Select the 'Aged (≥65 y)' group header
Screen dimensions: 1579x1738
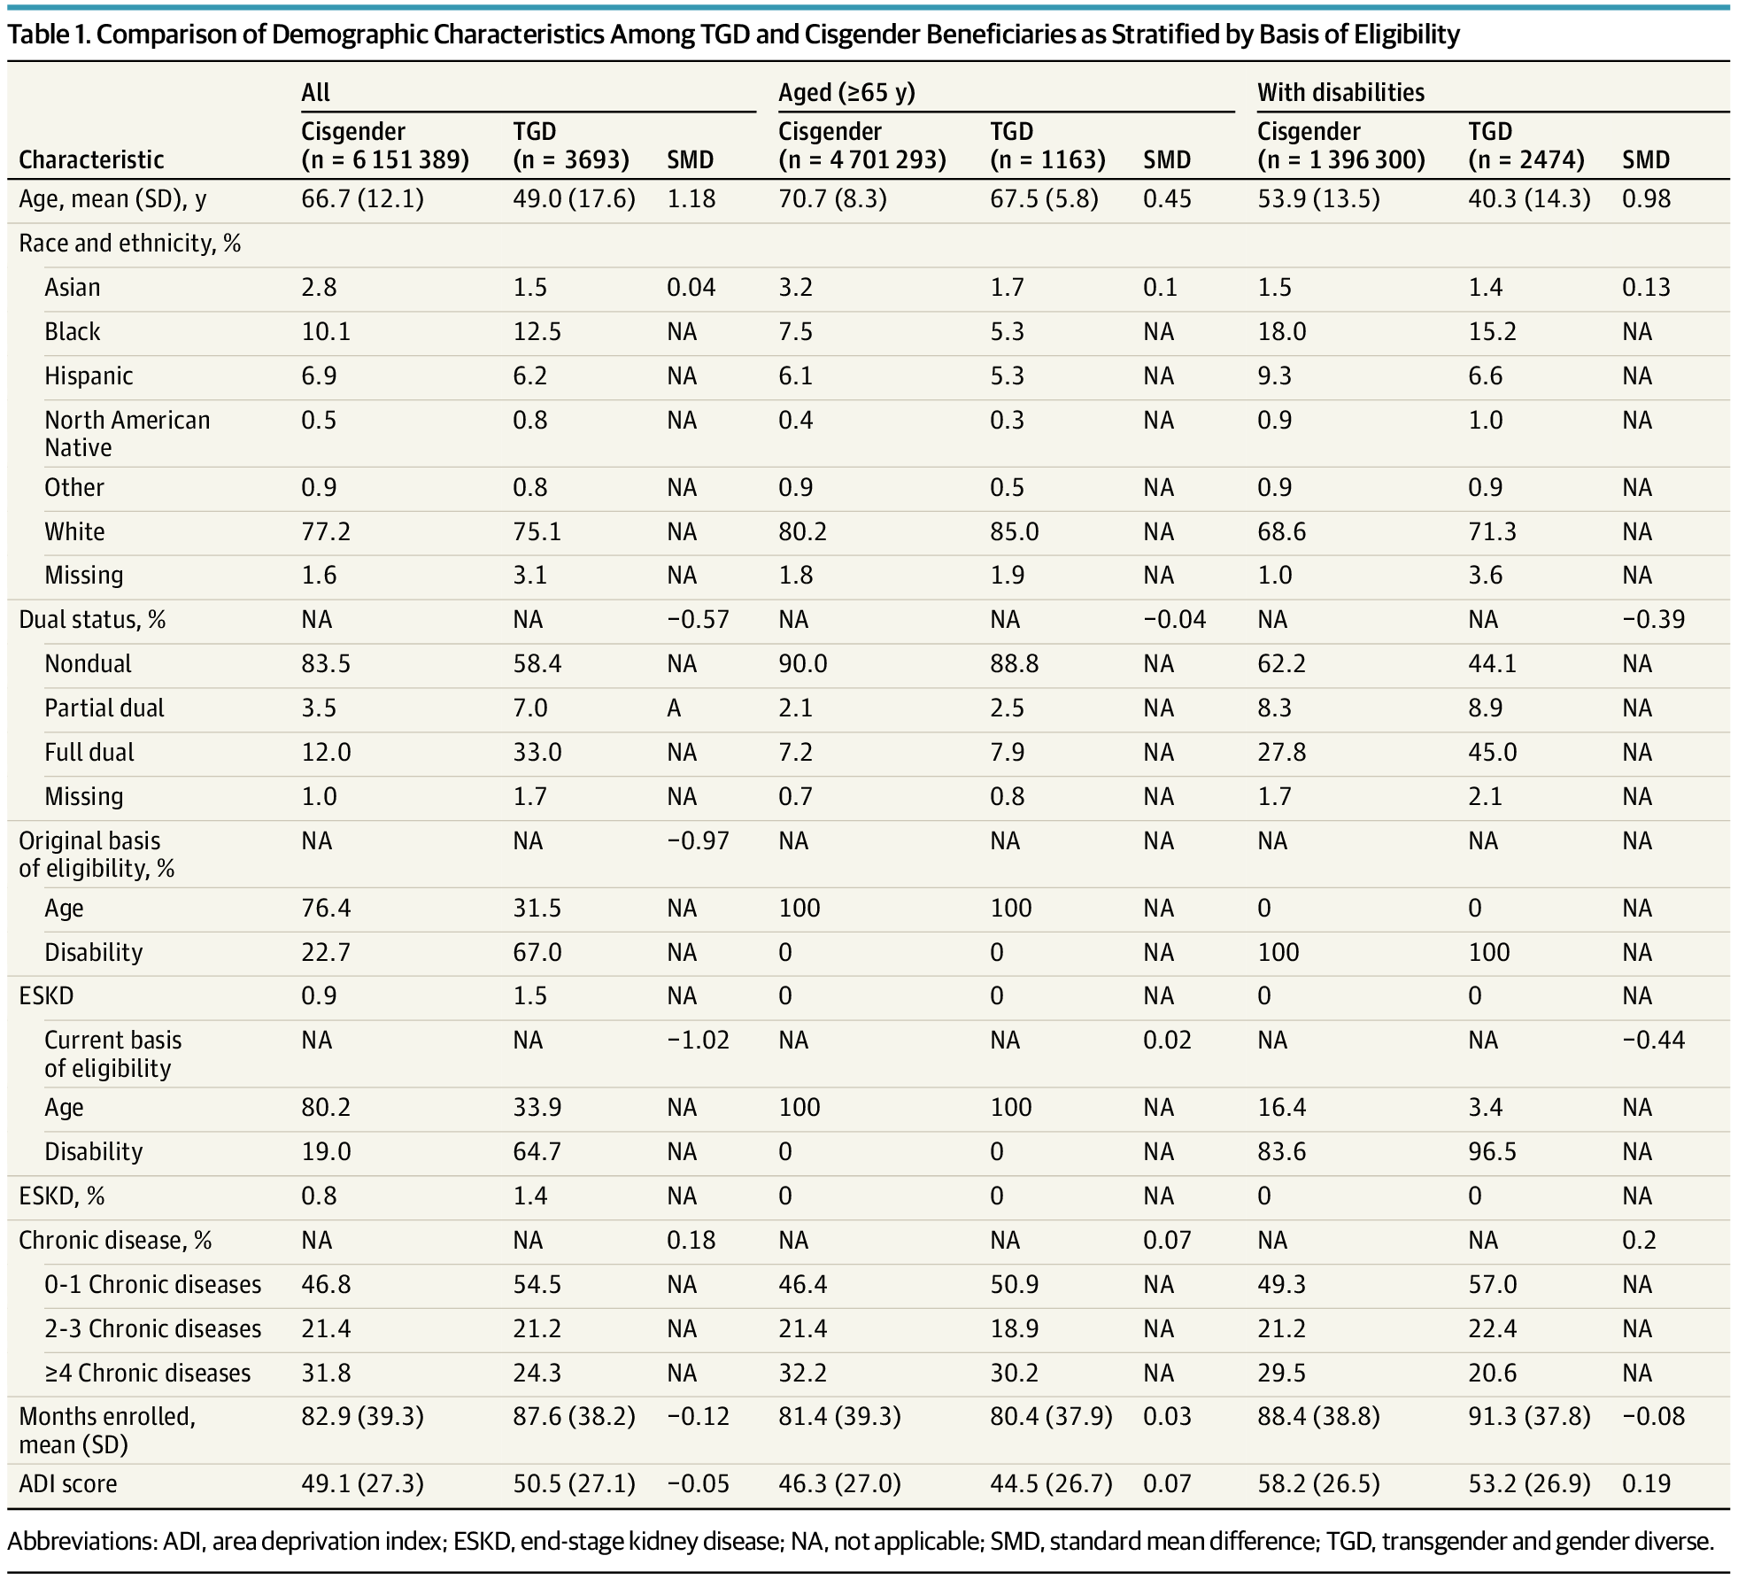coord(846,93)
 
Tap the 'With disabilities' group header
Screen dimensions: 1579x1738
coord(1340,93)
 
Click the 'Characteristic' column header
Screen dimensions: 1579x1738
coord(91,159)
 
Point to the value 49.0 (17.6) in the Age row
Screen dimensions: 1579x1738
coord(574,198)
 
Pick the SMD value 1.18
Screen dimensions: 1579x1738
coord(691,198)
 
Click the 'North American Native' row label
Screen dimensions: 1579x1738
coord(127,433)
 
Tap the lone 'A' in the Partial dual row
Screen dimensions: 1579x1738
coord(674,708)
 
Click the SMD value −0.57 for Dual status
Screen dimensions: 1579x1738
coord(698,619)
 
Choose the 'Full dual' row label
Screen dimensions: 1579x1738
coord(89,752)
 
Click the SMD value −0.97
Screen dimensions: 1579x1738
coord(698,840)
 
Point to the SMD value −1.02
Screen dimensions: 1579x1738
coord(698,1040)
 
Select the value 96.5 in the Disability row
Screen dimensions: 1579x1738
coord(1492,1151)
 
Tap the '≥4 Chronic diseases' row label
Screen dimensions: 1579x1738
coord(148,1373)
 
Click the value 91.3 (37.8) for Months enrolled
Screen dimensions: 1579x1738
coord(1529,1416)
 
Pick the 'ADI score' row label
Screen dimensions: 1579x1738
coord(68,1483)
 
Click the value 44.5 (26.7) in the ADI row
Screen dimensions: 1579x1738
coord(1051,1483)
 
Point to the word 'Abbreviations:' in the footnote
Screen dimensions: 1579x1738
coord(82,1541)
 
